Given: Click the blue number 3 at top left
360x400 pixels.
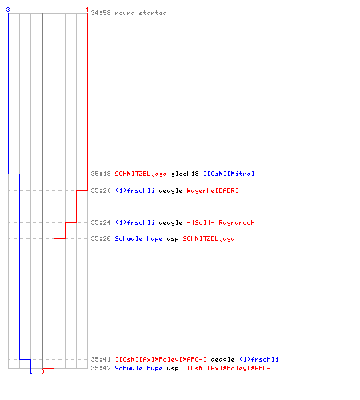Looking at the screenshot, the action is [8, 10].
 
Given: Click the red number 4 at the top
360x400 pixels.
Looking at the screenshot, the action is [87, 10].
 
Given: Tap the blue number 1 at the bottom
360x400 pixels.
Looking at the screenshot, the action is [30, 371].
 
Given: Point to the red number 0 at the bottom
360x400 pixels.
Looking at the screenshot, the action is [42, 371].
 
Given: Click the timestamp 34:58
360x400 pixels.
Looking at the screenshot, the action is [101, 13].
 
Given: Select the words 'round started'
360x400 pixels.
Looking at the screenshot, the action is [141, 13].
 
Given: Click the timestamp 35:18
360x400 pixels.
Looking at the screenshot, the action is [101, 174].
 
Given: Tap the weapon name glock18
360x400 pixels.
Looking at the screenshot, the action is [185, 174].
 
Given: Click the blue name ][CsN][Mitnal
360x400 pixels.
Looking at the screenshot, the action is [229, 174].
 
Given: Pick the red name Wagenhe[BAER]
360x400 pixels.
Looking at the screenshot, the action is [213, 190].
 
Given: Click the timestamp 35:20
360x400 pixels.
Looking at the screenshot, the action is [101, 190].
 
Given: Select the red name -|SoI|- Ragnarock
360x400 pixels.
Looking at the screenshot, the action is [221, 222].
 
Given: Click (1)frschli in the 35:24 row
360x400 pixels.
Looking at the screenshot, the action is [134, 222].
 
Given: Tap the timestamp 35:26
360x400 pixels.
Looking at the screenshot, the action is [101, 238].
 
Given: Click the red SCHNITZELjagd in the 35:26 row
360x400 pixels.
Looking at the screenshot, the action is [209, 238].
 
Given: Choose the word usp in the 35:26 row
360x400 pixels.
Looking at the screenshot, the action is [173, 239].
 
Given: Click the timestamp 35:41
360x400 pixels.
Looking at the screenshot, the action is [101, 359].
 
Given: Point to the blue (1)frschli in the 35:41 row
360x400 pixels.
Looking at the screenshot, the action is [258, 359].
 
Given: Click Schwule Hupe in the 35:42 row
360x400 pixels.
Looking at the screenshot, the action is [138, 368].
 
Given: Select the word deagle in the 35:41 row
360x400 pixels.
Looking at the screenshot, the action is [222, 359].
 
